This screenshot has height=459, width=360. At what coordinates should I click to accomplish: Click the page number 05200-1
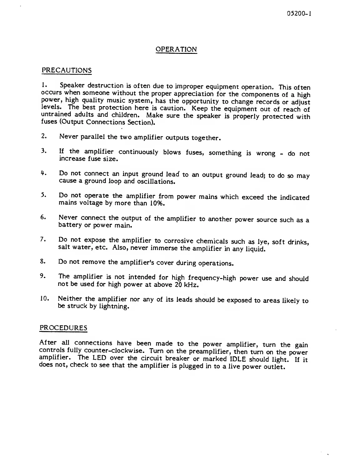(x=299, y=14)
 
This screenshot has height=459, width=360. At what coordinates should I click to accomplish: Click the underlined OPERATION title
(x=176, y=49)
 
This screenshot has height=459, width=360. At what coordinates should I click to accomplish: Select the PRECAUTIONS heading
(x=67, y=70)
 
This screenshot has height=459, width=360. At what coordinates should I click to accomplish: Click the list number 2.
(x=44, y=136)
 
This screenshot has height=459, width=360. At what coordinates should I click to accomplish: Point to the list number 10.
(x=45, y=298)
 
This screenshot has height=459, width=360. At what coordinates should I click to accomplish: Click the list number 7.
(x=44, y=240)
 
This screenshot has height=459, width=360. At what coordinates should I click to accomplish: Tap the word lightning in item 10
(x=112, y=307)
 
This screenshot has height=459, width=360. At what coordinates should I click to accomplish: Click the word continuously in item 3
(x=138, y=152)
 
